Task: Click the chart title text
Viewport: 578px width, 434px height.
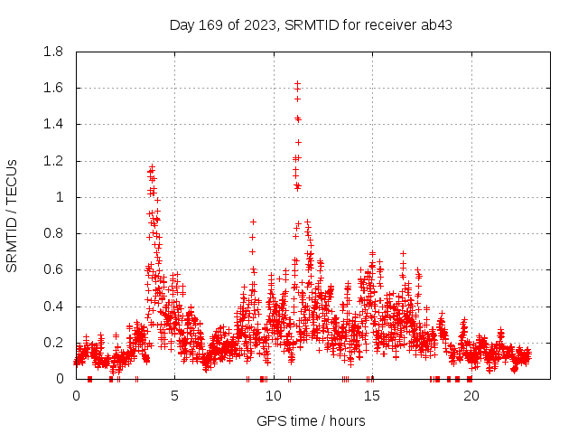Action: [311, 24]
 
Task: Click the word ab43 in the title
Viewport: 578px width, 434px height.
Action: [436, 24]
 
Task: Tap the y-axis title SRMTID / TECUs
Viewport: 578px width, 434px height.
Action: [12, 215]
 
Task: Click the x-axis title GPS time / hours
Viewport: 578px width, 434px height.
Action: [311, 420]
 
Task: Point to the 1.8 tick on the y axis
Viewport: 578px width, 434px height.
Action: [54, 52]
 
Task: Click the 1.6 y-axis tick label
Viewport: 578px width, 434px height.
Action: [54, 88]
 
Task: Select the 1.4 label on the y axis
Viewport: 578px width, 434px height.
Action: [54, 124]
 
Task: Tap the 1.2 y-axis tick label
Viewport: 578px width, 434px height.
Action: [54, 161]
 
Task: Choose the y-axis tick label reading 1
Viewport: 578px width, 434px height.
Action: [61, 197]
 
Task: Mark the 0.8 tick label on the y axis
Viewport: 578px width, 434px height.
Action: [54, 233]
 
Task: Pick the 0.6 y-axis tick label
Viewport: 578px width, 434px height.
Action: [54, 269]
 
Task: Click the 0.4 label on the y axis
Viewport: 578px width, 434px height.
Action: [54, 307]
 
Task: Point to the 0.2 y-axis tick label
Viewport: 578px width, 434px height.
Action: [54, 343]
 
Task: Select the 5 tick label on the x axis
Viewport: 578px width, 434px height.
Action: [174, 396]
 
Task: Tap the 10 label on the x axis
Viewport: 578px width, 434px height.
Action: [273, 396]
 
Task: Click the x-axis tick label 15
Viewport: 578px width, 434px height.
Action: [372, 396]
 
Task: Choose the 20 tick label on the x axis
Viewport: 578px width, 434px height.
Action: [471, 396]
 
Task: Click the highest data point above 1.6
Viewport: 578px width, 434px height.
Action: [297, 83]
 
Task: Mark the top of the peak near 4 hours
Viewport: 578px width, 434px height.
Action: [152, 166]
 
